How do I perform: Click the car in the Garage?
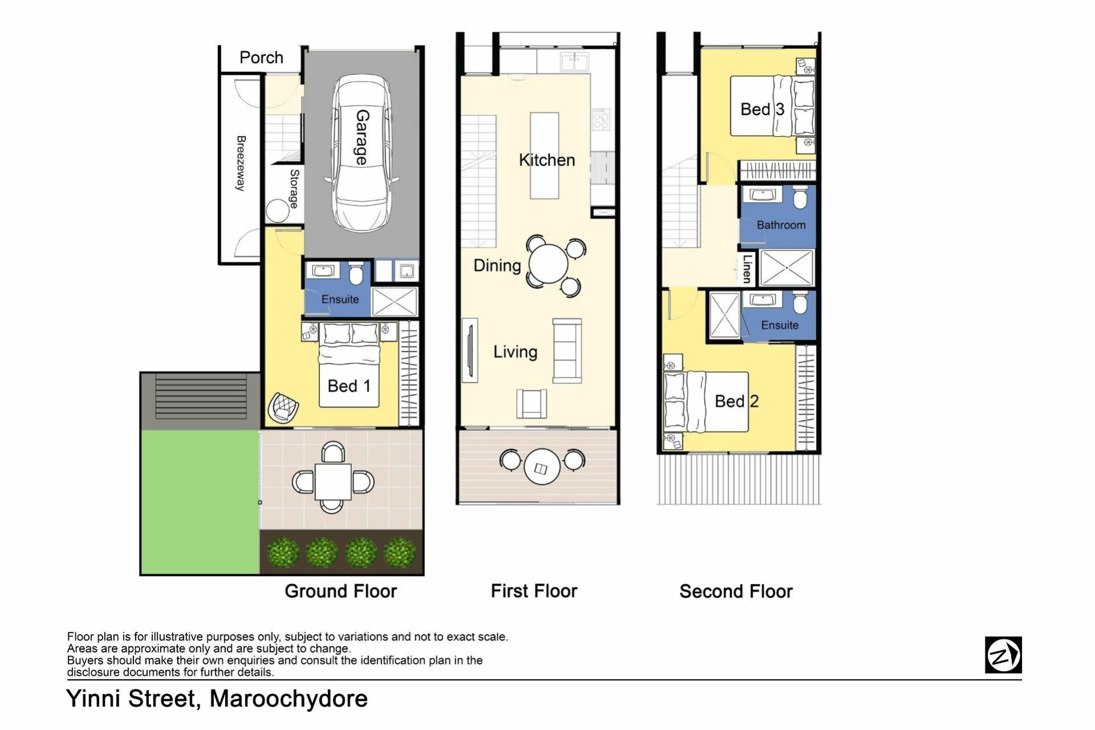pyautogui.click(x=362, y=153)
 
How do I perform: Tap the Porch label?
pyautogui.click(x=261, y=58)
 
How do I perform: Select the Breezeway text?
pyautogui.click(x=241, y=163)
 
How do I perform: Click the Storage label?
pyautogui.click(x=294, y=189)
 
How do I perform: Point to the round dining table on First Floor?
pyautogui.click(x=548, y=263)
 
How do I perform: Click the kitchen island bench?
pyautogui.click(x=544, y=155)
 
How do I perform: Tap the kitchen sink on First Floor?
pyautogui.click(x=574, y=62)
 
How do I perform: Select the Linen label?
pyautogui.click(x=747, y=269)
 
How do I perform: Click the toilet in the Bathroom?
pyautogui.click(x=800, y=197)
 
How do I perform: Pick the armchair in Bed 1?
pyautogui.click(x=283, y=407)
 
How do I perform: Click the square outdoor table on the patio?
pyautogui.click(x=333, y=482)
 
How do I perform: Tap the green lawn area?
pyautogui.click(x=200, y=502)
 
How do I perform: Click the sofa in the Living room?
pyautogui.click(x=567, y=351)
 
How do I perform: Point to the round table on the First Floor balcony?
pyautogui.click(x=542, y=467)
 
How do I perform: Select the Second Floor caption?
pyautogui.click(x=736, y=591)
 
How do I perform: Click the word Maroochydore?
pyautogui.click(x=289, y=699)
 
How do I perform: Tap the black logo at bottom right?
pyautogui.click(x=1003, y=655)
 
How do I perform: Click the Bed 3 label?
pyautogui.click(x=763, y=109)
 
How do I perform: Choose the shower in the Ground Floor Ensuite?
pyautogui.click(x=395, y=301)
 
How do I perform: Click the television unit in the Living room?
pyautogui.click(x=470, y=350)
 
